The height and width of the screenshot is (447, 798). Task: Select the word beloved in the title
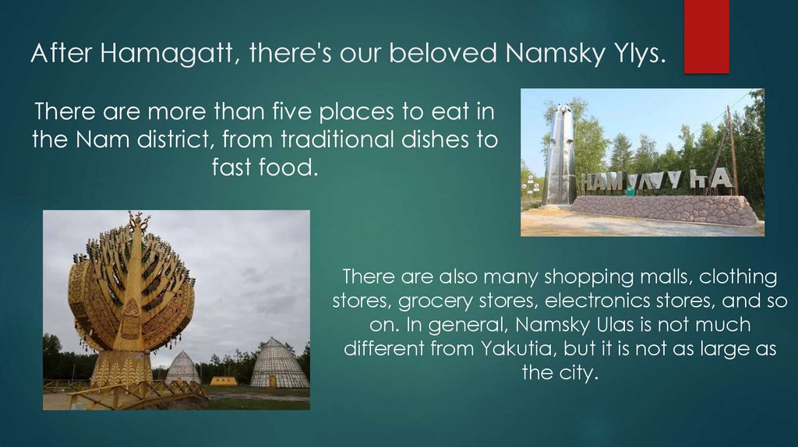click(x=443, y=54)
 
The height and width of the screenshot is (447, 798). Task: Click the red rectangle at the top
click(x=706, y=36)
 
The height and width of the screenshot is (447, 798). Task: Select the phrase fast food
click(x=265, y=167)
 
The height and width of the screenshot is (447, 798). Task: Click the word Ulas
click(x=612, y=324)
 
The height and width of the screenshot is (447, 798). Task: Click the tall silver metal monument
click(x=560, y=156)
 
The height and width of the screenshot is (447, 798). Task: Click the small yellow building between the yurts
click(x=224, y=381)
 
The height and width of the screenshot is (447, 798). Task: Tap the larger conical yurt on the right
click(x=279, y=364)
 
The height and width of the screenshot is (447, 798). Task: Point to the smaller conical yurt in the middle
click(x=182, y=368)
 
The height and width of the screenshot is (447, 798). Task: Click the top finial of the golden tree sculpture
click(x=139, y=220)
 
